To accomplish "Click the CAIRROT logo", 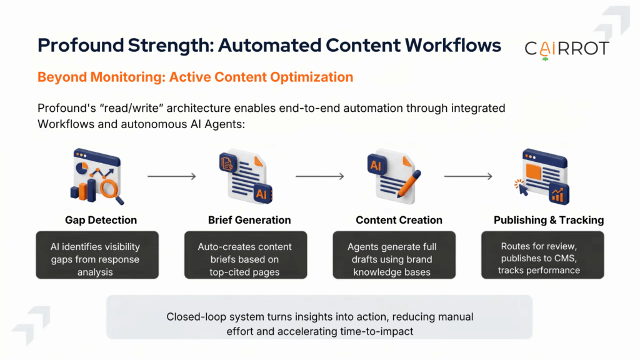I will point(566,49).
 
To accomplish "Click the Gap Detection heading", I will point(101,220).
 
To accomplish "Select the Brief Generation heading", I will point(249,220).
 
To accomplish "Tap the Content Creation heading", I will point(399,220).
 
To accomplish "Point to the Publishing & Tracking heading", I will point(549,220).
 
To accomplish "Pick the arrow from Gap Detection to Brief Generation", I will point(172,176).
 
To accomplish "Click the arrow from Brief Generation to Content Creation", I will point(320,176).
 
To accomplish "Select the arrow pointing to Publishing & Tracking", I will point(468,176).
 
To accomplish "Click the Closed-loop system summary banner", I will point(319,324).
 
